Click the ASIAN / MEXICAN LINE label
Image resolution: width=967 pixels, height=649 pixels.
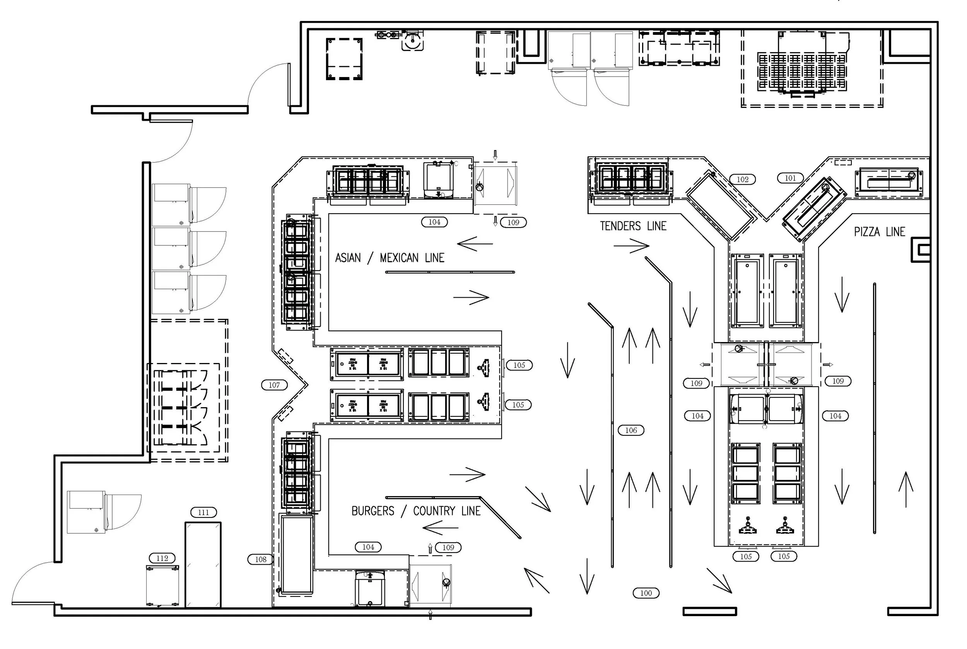coord(389,258)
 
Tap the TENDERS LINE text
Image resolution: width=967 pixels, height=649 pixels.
coord(633,226)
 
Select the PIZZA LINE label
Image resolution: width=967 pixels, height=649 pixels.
coord(879,232)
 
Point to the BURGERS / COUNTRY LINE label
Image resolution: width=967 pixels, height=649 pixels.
coord(416,511)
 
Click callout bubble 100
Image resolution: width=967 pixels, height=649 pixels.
coord(646,593)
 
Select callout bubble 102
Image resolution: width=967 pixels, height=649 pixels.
coord(742,179)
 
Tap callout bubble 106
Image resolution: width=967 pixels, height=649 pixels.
coord(631,430)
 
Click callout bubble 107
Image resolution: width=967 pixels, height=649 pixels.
coord(274,385)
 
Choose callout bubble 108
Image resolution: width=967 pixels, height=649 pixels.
coord(261,559)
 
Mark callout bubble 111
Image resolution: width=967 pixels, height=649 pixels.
coord(203,512)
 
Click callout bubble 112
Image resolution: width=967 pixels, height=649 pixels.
coord(162,558)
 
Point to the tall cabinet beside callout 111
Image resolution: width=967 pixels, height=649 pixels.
coord(203,565)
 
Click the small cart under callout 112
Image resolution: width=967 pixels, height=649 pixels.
coord(162,586)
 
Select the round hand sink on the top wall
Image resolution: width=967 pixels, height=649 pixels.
coord(412,41)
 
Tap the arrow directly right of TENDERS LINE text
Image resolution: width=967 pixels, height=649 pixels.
coord(631,246)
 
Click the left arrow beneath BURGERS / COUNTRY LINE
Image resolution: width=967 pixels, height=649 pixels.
coord(441,528)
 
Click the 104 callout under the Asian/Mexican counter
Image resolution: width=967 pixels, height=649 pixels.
coord(434,222)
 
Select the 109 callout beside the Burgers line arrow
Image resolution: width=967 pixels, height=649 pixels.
coord(448,547)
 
